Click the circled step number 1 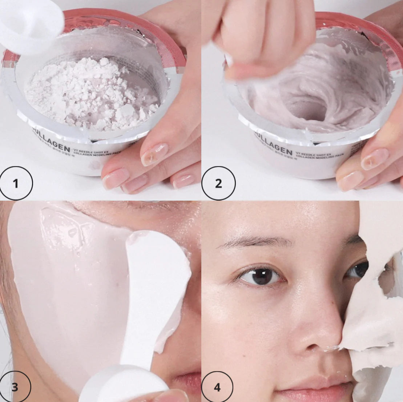coord(16,183)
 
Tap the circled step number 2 coord(218,183)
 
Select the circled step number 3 coord(15,387)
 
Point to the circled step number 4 coord(217,387)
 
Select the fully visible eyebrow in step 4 coord(254,241)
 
